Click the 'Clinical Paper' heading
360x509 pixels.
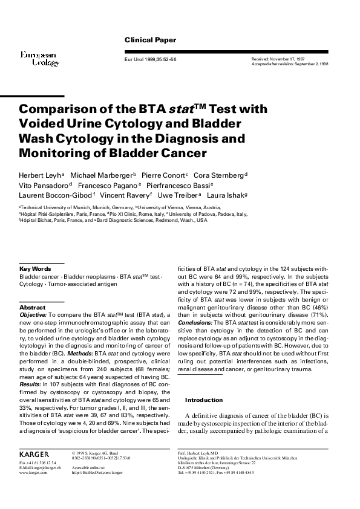coord(150,40)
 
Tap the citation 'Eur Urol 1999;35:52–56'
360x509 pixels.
coord(150,60)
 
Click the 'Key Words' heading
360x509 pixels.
coord(35,268)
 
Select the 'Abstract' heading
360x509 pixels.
coord(33,308)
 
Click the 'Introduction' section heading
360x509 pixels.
coord(205,400)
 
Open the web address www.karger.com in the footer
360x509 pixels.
coord(33,473)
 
